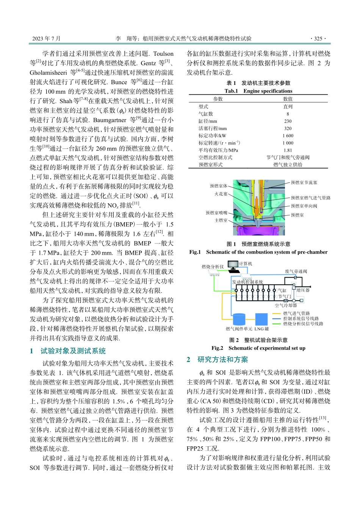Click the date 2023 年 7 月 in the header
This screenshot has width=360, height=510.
46,38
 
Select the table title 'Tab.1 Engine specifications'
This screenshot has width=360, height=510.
258,91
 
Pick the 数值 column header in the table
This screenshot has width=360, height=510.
288,99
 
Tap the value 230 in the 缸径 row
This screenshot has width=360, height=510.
288,121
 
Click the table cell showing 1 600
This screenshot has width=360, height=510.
288,136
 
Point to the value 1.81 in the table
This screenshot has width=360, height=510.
288,150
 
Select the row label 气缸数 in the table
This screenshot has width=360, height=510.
206,114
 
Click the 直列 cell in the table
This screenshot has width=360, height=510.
288,107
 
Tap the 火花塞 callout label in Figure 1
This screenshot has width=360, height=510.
221,194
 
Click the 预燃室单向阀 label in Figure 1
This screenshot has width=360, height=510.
304,206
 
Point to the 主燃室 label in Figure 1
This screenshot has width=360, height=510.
221,220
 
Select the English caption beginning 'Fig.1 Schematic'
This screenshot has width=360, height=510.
258,252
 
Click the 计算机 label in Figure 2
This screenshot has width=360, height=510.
246,264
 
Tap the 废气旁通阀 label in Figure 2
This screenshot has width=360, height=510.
296,271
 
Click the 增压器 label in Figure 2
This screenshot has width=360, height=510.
303,290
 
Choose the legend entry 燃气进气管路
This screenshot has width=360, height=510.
296,314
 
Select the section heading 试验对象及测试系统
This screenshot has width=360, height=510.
73,351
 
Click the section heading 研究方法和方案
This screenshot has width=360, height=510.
222,359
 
